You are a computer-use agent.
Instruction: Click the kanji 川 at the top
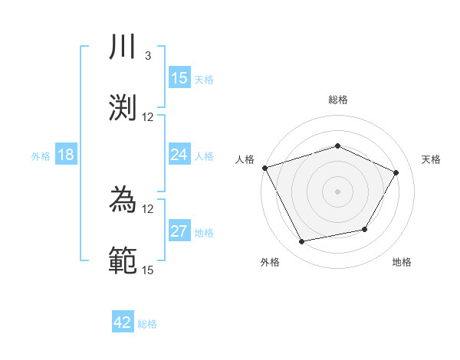pyautogui.click(x=123, y=48)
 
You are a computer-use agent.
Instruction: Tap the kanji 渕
pyautogui.click(x=123, y=108)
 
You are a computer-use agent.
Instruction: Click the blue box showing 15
pyautogui.click(x=179, y=78)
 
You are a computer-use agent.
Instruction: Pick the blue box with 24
pyautogui.click(x=179, y=155)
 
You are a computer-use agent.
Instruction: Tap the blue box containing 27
pyautogui.click(x=179, y=231)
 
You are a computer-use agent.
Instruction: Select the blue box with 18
pyautogui.click(x=66, y=155)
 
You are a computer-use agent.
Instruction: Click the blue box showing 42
pyautogui.click(x=123, y=322)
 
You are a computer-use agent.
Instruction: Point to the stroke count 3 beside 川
pyautogui.click(x=147, y=56)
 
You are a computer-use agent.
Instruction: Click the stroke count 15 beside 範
pyautogui.click(x=148, y=270)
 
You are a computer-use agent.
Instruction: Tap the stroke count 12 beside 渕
pyautogui.click(x=148, y=117)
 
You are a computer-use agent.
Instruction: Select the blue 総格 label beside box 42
pyautogui.click(x=147, y=324)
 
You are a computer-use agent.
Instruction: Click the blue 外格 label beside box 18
pyautogui.click(x=41, y=156)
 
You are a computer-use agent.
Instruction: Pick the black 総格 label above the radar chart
pyautogui.click(x=337, y=100)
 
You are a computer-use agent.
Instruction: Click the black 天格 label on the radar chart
pyautogui.click(x=431, y=159)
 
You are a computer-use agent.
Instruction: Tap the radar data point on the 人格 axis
pyautogui.click(x=264, y=168)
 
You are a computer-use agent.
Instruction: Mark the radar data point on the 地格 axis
pyautogui.click(x=365, y=229)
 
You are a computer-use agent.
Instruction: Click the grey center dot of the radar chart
pyautogui.click(x=337, y=191)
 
